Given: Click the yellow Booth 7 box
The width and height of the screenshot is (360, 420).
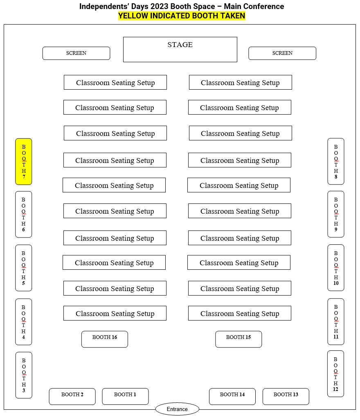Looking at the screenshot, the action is [24, 162].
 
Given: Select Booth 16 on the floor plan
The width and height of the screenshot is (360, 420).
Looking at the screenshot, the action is [105, 339].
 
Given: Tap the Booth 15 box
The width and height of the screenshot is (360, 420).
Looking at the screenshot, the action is [239, 339].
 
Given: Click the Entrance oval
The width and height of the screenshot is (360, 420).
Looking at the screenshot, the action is [177, 409].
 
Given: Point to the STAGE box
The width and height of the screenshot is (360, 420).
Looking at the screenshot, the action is [180, 50].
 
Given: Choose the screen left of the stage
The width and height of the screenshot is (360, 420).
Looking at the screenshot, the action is [76, 53].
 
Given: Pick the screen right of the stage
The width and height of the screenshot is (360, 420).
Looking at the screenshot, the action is [282, 53].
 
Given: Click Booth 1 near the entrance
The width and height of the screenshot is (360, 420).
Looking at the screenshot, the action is [125, 396].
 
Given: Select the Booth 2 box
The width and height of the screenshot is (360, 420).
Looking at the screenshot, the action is [72, 396].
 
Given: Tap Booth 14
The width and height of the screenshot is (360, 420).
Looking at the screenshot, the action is [232, 396].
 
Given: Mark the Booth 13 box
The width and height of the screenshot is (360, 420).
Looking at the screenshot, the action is [286, 396].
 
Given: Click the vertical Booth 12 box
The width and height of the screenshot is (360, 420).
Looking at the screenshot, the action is [335, 374].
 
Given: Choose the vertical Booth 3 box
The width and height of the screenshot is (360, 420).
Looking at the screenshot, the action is [24, 375].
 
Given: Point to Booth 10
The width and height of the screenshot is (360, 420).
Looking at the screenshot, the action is [336, 268].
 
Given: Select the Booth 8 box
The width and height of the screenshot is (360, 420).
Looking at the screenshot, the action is [336, 161].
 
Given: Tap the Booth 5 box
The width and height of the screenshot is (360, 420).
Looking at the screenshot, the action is [24, 268].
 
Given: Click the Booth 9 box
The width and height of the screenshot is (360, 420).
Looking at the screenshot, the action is [336, 214].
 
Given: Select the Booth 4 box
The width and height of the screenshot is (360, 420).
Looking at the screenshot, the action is [24, 322].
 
